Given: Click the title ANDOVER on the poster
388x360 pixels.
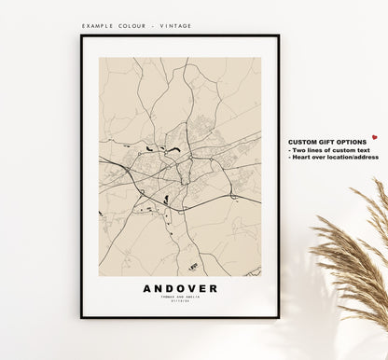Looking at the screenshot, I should point(180,288).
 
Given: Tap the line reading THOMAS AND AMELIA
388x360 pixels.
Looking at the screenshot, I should point(180,298).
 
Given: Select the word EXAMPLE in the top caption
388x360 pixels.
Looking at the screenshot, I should point(98,26).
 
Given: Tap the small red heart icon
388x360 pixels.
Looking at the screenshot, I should point(374,136).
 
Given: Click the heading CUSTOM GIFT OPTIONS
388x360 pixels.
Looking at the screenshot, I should point(326,141).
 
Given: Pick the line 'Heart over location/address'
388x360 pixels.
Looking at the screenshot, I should point(334,157).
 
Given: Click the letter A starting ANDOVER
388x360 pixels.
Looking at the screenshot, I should point(147,288).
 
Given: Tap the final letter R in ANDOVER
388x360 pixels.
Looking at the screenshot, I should point(214,288).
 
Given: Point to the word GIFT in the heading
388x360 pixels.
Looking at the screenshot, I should point(324,141).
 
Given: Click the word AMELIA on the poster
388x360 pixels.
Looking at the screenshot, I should point(193,298).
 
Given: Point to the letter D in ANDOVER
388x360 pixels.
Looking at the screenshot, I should point(169,288).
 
